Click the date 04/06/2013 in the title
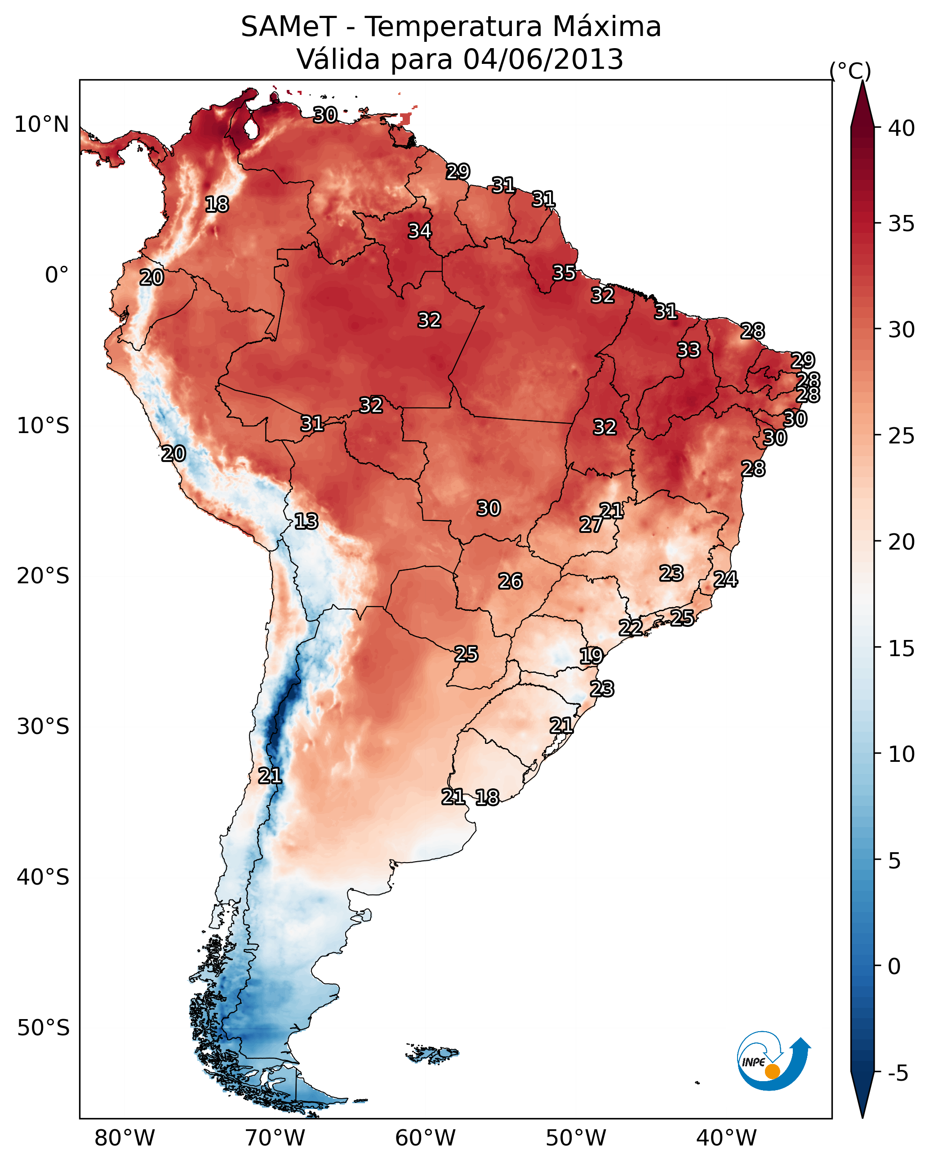543,59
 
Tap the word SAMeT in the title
289,27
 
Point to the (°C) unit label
850,71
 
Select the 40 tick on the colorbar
902,128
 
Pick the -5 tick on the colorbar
898,1074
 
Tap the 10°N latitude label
41,125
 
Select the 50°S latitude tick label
43,1028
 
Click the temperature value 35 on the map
564,273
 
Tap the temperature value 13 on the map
306,521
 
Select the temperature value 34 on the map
419,231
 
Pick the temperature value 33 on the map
688,350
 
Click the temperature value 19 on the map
591,656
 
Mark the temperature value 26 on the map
510,581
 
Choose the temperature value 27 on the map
591,524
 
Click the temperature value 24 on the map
725,579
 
